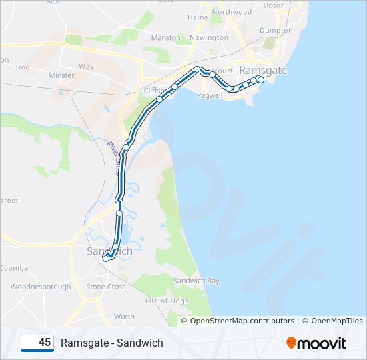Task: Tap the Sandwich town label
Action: (110, 251)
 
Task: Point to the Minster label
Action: (62, 75)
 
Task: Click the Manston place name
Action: (166, 38)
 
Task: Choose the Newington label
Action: (209, 38)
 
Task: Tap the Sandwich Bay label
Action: (196, 281)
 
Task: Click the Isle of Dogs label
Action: (166, 301)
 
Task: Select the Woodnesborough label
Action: (41, 287)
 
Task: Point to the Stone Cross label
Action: (105, 287)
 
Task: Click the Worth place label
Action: (124, 317)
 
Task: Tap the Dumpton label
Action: (276, 31)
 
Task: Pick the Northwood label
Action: (232, 12)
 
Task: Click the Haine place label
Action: (198, 17)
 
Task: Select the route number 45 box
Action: (37, 343)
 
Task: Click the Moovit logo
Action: (316, 343)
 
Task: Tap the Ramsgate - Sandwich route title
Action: (111, 343)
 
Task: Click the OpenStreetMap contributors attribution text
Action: (242, 321)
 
